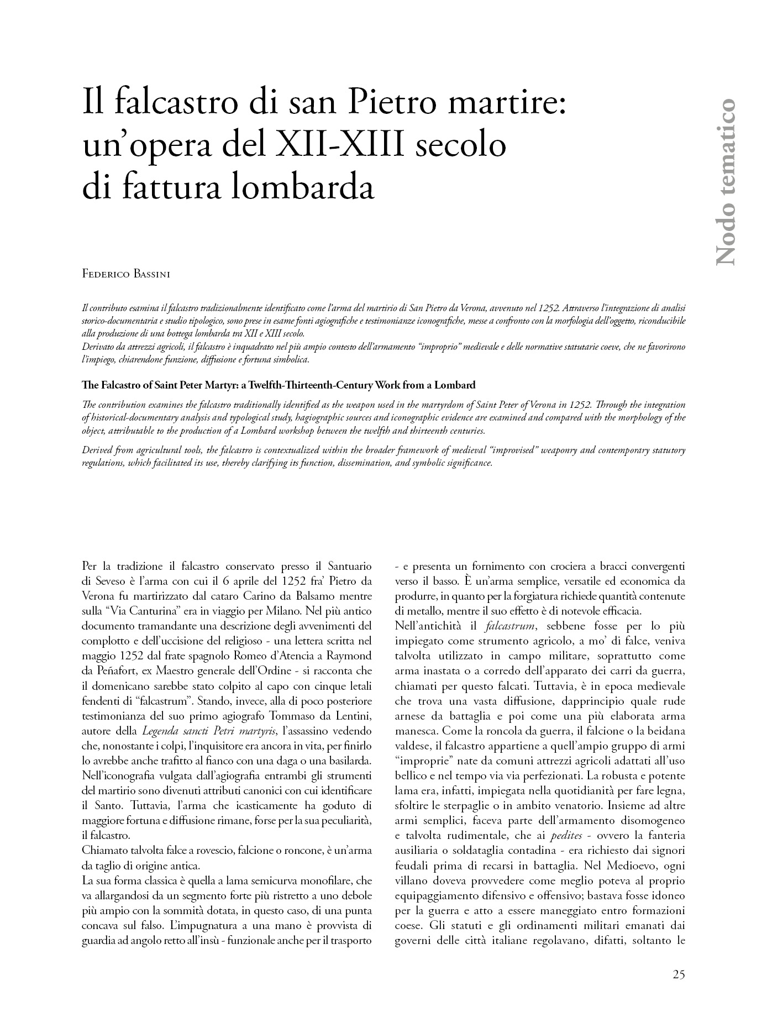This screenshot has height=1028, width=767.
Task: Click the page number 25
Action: point(679,975)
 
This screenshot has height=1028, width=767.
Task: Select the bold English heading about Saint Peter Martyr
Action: point(279,385)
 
